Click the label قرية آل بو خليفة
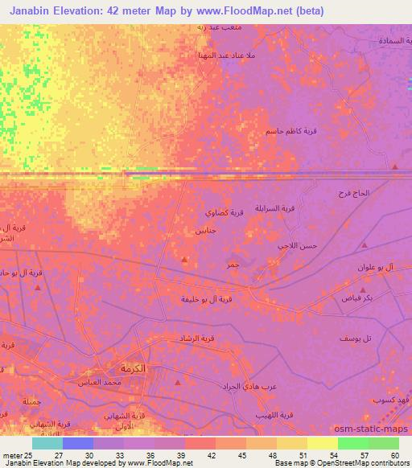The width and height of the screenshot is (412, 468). [x=208, y=299]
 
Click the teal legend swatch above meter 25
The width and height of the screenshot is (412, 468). [x=47, y=443]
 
